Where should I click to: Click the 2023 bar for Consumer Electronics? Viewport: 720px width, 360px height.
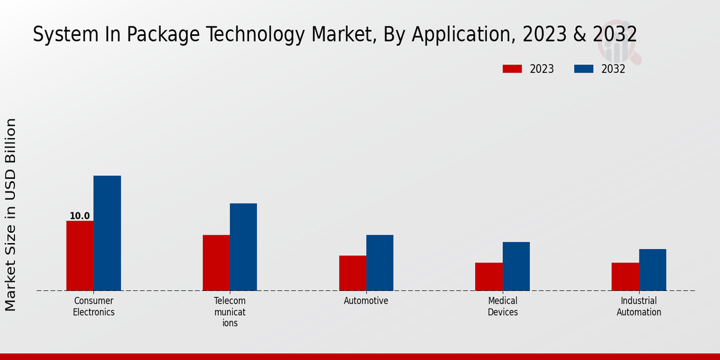pyautogui.click(x=80, y=256)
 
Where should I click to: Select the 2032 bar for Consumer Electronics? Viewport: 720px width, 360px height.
pyautogui.click(x=107, y=233)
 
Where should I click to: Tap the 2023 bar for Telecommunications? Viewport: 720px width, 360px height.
pyautogui.click(x=216, y=263)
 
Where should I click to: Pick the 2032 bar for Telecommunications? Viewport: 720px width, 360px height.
pyautogui.click(x=243, y=247)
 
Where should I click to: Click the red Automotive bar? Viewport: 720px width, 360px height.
pyautogui.click(x=352, y=273)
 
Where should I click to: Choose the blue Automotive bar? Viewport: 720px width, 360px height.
pyautogui.click(x=380, y=263)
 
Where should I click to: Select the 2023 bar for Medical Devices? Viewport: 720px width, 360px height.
pyautogui.click(x=488, y=277)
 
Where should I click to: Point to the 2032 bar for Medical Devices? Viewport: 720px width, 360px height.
pyautogui.click(x=516, y=266)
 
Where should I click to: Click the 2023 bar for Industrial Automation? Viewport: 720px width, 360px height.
pyautogui.click(x=625, y=277)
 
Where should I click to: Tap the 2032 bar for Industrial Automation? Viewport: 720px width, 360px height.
pyautogui.click(x=652, y=270)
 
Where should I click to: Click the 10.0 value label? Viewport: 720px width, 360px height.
pyautogui.click(x=80, y=216)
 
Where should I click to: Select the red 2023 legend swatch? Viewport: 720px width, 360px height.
pyautogui.click(x=512, y=69)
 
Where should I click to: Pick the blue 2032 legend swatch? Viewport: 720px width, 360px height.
pyautogui.click(x=583, y=69)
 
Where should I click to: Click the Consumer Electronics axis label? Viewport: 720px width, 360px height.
pyautogui.click(x=94, y=307)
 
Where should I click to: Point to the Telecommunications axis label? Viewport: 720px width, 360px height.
pyautogui.click(x=230, y=312)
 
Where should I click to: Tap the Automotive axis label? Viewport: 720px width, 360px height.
pyautogui.click(x=366, y=301)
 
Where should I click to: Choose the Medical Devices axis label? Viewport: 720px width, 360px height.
pyautogui.click(x=503, y=307)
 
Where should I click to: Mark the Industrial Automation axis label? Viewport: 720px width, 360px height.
pyautogui.click(x=639, y=307)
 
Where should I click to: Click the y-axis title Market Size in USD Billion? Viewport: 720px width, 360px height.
pyautogui.click(x=11, y=214)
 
